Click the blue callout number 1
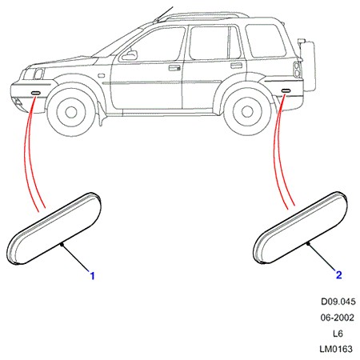point(92,276)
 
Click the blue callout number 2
point(338,274)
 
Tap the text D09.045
point(338,302)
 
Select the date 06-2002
point(338,318)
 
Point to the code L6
point(338,334)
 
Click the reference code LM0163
point(336,349)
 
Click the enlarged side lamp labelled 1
point(54,229)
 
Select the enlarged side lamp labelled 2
point(300,227)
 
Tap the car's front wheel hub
point(71,113)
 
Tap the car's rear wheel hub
point(247,111)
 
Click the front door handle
point(174,67)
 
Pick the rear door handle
point(236,66)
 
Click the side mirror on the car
point(130,55)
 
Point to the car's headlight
point(38,74)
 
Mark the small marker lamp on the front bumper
point(35,93)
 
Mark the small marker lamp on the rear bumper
point(286,91)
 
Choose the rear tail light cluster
point(298,70)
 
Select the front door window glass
point(154,44)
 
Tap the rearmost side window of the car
point(265,40)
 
